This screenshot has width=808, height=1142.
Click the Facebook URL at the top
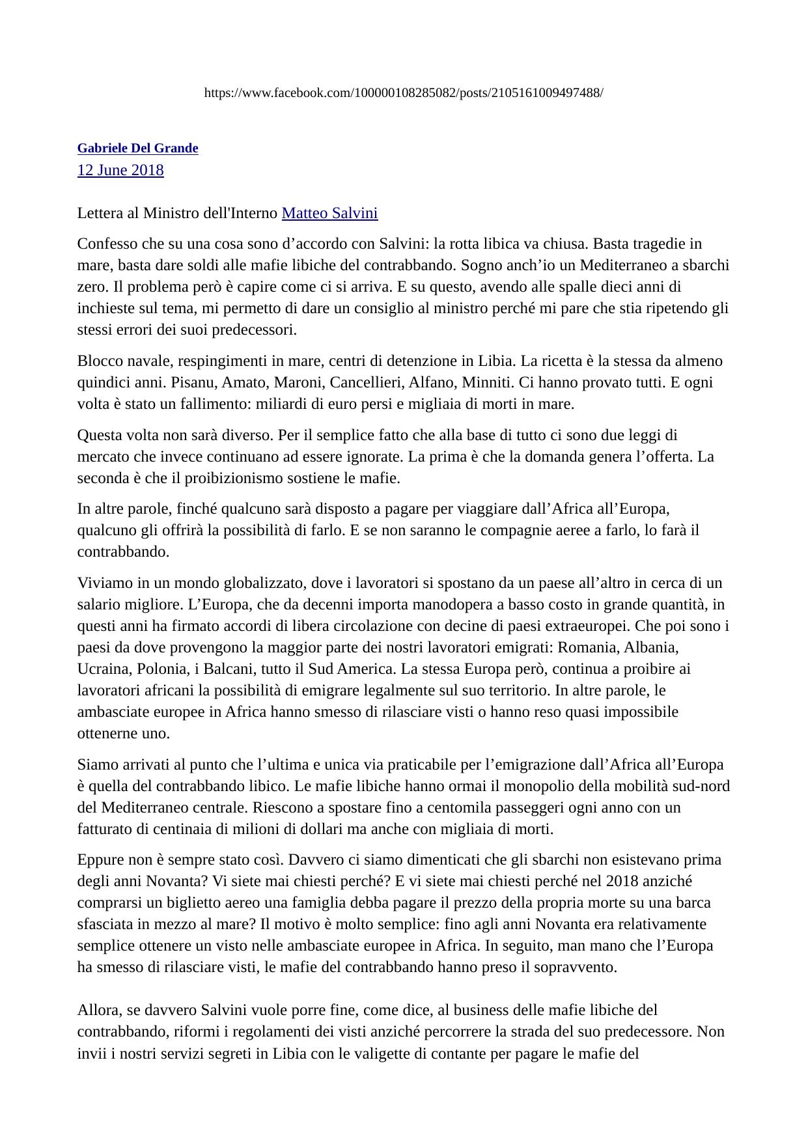click(404, 93)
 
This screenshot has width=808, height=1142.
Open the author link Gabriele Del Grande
click(137, 148)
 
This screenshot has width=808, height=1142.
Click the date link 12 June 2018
click(120, 171)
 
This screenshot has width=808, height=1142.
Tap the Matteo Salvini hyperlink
click(329, 214)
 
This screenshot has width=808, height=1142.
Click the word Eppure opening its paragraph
click(100, 860)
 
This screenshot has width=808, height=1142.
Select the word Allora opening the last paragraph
click(97, 1010)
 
